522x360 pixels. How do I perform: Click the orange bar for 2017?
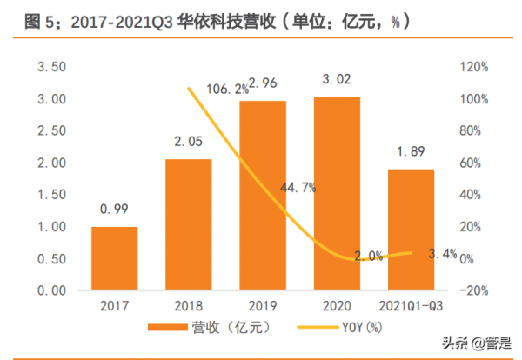(114, 258)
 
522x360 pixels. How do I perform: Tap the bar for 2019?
(263, 196)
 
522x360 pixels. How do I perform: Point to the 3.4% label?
(444, 254)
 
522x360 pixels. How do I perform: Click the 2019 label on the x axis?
(263, 307)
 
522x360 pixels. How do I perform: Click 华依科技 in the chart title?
(195, 17)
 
